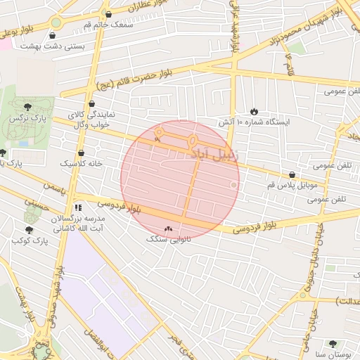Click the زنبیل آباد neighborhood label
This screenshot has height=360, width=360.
point(218,152)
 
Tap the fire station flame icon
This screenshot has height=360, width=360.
point(253,111)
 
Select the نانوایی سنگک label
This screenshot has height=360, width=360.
point(167,240)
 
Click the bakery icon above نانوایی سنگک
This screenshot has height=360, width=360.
point(168,229)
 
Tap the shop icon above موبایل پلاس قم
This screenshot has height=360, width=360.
point(292,174)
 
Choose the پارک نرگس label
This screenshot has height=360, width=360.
point(23,121)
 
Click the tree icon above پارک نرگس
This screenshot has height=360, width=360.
point(27,107)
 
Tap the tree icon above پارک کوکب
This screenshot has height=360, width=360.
point(29,230)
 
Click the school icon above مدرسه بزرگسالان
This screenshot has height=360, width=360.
point(78,207)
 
